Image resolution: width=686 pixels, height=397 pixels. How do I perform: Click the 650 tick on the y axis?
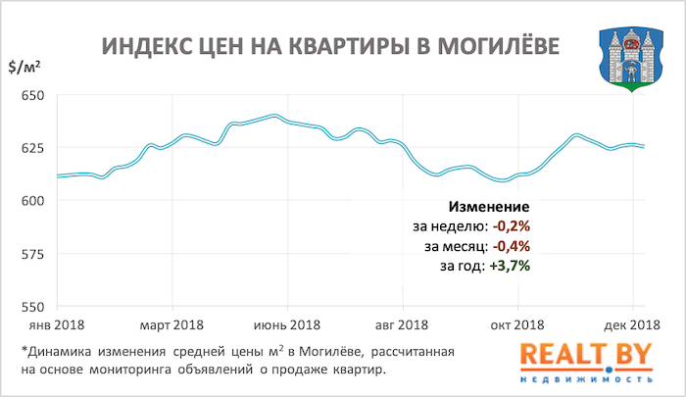point(32,96)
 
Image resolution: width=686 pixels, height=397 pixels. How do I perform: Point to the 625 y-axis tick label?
point(32,149)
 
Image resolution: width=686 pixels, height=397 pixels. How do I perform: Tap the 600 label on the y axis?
point(32,201)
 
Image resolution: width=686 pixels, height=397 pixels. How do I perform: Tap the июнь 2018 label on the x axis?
point(287,324)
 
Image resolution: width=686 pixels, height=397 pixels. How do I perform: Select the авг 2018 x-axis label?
point(402,324)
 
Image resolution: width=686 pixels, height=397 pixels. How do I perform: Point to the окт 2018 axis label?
point(516,324)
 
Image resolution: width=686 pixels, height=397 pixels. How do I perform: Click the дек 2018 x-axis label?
point(630,324)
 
